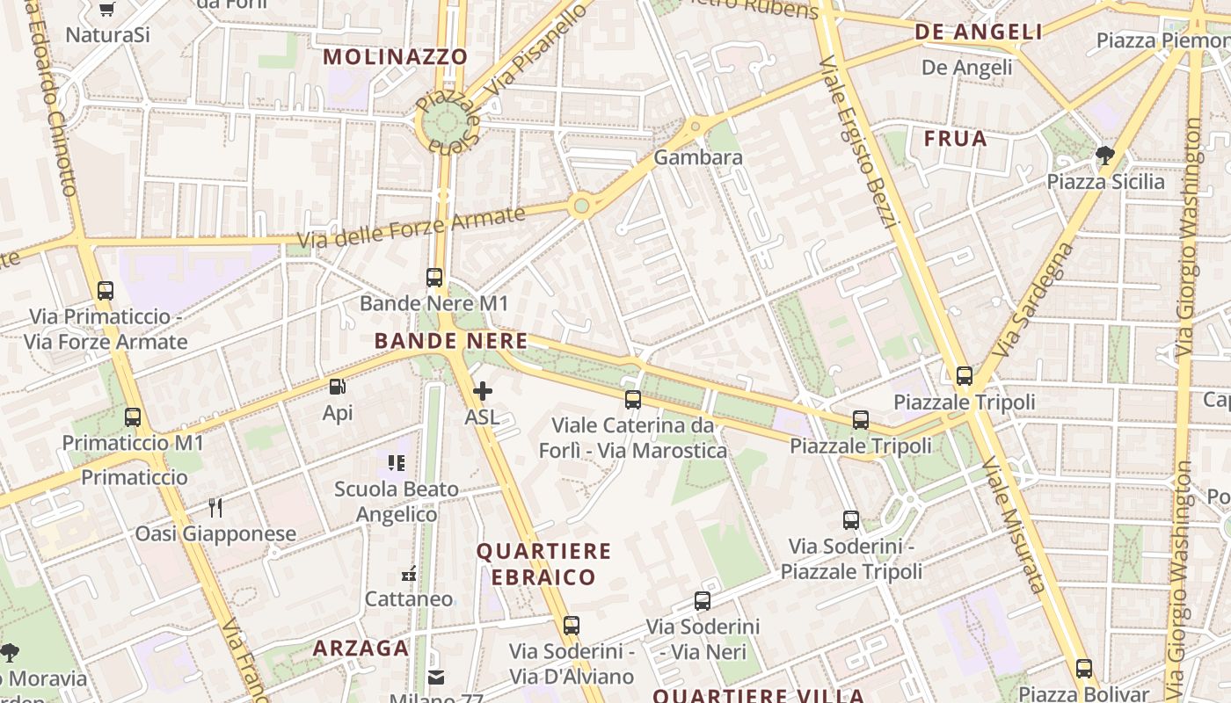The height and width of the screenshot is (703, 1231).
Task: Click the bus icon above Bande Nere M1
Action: (434, 278)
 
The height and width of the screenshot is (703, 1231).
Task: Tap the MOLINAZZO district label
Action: (396, 57)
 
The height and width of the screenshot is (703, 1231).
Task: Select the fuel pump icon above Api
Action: (337, 387)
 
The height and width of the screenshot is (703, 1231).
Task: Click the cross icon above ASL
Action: (482, 391)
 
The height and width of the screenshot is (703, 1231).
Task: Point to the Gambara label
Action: (698, 158)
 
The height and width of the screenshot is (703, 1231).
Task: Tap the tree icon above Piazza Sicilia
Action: (1105, 156)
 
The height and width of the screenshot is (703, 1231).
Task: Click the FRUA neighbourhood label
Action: (955, 139)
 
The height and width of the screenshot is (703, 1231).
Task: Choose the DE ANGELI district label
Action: (979, 33)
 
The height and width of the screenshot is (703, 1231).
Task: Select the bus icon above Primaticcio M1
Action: (133, 417)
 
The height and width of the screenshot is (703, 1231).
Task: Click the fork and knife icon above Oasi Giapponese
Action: (215, 507)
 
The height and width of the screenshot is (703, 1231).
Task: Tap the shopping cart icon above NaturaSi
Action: (107, 10)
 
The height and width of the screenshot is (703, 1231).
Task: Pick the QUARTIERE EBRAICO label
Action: (543, 564)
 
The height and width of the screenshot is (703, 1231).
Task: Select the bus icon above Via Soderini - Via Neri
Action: (702, 601)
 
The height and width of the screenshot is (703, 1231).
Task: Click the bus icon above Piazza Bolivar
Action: (1083, 668)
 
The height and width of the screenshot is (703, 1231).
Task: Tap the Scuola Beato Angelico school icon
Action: (397, 462)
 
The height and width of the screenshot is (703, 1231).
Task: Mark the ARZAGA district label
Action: (361, 649)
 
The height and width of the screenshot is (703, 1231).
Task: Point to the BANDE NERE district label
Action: (451, 341)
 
